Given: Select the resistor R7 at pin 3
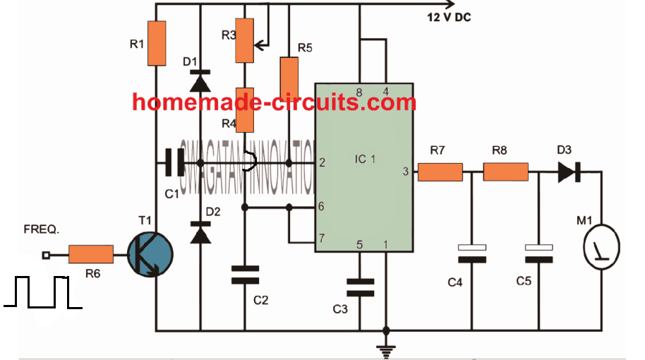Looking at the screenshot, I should tap(440, 172).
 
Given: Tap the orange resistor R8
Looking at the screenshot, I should tap(505, 172).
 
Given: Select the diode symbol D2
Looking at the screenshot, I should tap(200, 232).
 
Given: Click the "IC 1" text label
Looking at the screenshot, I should tap(365, 160).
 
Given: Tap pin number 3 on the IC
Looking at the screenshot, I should tap(405, 172).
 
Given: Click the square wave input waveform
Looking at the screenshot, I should tap(42, 293).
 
